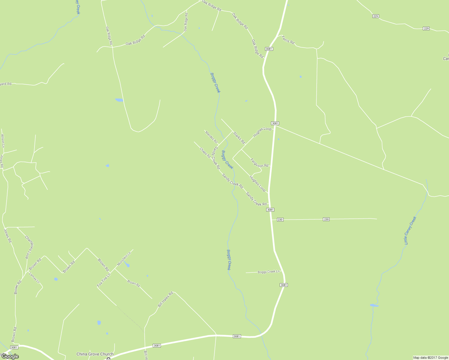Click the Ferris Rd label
(288, 40)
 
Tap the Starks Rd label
(239, 138)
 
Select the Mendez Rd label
(211, 137)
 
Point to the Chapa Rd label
(205, 153)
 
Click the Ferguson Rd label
(259, 163)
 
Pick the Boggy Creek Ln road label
(269, 272)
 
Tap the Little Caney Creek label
(410, 230)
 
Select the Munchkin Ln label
(124, 259)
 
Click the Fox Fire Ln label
(104, 280)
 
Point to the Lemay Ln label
(34, 277)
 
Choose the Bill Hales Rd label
(165, 299)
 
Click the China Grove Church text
(95, 354)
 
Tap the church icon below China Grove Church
(109, 358)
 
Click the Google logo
(10, 356)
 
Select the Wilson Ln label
(3, 141)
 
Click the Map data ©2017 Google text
(430, 358)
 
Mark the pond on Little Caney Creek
(374, 305)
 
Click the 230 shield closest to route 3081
(280, 220)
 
